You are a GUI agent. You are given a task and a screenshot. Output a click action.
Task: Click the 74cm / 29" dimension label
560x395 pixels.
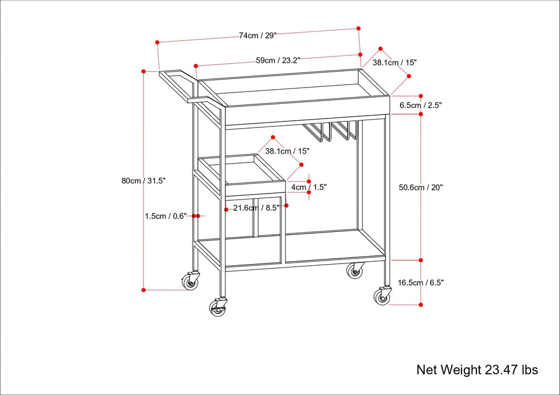click(x=257, y=36)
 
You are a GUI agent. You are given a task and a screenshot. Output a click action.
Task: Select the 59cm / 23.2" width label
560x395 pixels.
click(x=277, y=60)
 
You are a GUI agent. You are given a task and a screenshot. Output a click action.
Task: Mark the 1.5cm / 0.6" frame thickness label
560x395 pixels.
click(x=166, y=216)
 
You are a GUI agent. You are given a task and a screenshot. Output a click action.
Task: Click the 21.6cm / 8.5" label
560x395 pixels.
click(x=257, y=208)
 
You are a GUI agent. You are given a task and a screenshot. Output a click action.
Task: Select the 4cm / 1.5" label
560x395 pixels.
click(x=309, y=187)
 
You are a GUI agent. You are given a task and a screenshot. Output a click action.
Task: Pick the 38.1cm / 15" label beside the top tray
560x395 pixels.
click(x=394, y=63)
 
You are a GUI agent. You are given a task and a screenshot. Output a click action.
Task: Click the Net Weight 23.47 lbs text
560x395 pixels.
click(x=477, y=370)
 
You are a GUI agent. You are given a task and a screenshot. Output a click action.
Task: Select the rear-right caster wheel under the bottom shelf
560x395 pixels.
click(x=355, y=271)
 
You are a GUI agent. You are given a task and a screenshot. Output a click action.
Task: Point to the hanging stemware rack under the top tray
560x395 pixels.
click(x=331, y=130)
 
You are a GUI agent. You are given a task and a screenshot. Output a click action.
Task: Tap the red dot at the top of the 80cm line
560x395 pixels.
click(x=144, y=72)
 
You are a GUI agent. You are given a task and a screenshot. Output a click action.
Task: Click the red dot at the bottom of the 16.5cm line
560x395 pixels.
click(x=421, y=305)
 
